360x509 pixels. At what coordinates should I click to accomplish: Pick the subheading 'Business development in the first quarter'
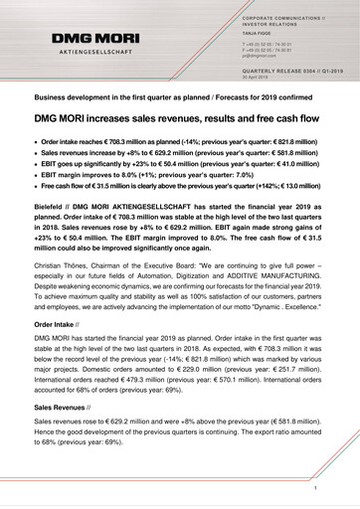[180, 99]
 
